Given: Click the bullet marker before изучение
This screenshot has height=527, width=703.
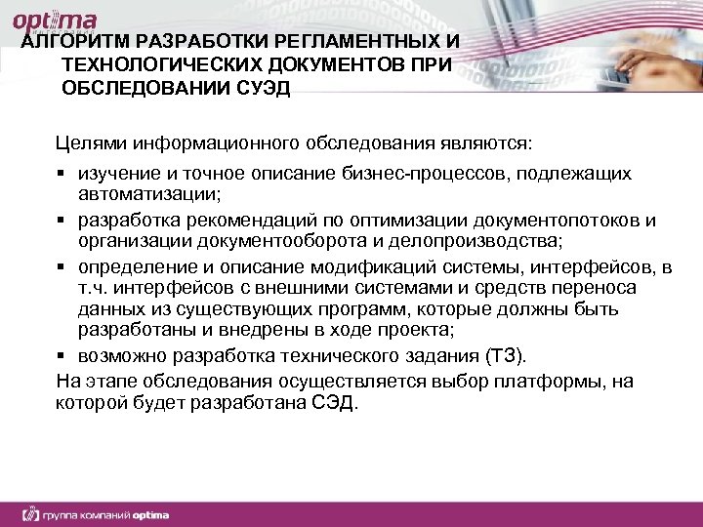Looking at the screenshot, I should click(x=62, y=174).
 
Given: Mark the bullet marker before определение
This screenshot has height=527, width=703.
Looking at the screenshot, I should click(x=62, y=265).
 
